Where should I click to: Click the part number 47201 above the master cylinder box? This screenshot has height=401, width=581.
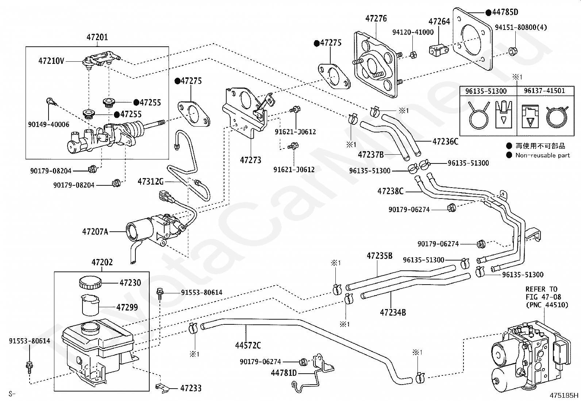point(97,37)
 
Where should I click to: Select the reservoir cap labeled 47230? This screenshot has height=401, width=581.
point(90,283)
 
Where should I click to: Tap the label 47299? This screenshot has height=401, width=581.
point(127,307)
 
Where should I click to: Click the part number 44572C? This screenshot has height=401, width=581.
point(248,345)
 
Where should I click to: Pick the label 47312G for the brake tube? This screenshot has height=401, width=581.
point(151,182)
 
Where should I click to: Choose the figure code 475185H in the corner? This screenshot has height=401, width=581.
point(564,395)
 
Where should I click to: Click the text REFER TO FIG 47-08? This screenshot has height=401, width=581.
point(543,293)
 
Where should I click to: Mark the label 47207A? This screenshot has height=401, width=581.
point(95,231)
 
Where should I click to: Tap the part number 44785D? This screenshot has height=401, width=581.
point(505,12)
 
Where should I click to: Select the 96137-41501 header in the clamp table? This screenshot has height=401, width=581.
point(545,91)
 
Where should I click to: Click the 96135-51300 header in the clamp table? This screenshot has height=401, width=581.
point(486,91)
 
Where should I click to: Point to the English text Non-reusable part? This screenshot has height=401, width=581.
point(543,155)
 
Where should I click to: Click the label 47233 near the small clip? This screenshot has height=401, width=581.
point(191,388)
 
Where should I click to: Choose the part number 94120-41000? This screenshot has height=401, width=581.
point(413,32)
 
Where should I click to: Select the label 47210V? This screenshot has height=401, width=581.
point(51,61)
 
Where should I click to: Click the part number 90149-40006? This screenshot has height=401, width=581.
point(49,124)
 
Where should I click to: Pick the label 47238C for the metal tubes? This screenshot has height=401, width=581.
point(390,191)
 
